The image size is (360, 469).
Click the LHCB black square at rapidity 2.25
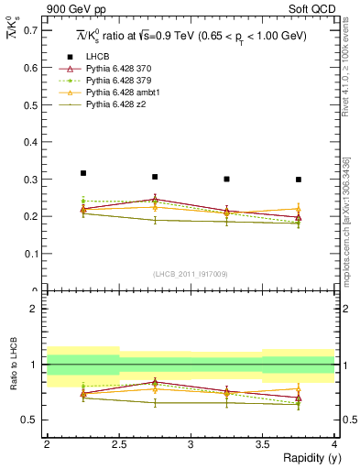pos(82,173)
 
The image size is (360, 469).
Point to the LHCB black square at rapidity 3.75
pos(299,180)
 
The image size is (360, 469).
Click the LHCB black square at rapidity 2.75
pos(155,177)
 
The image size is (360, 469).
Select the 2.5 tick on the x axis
pos(118,444)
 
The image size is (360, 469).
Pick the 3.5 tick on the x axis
pos(263,444)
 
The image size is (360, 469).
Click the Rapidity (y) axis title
pos(306,458)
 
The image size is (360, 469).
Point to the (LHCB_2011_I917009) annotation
pos(191,273)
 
